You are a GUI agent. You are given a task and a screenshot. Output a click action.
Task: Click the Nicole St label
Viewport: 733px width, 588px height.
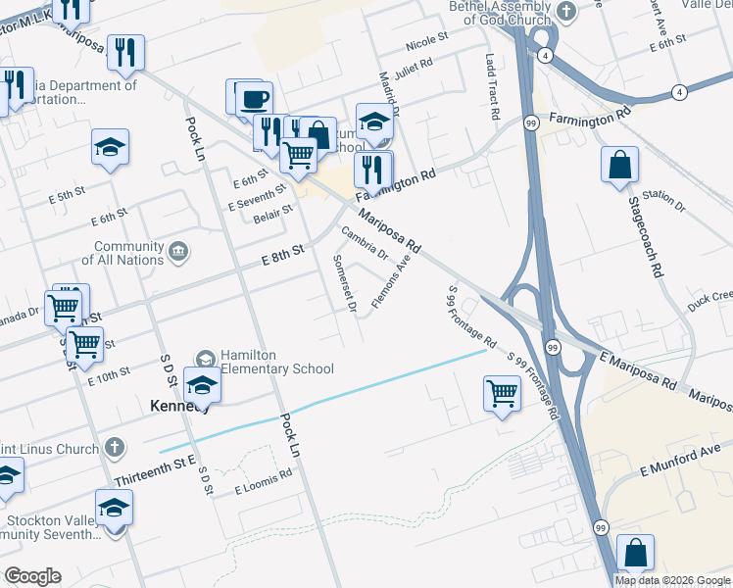(426, 40)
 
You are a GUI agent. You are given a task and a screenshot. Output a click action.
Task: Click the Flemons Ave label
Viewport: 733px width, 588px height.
(391, 285)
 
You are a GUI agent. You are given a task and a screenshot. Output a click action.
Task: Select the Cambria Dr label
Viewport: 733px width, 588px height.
(366, 245)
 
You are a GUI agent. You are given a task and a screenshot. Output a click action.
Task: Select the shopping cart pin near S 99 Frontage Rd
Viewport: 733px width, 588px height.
(502, 393)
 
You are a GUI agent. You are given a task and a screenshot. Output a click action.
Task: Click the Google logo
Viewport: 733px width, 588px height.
(32, 576)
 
